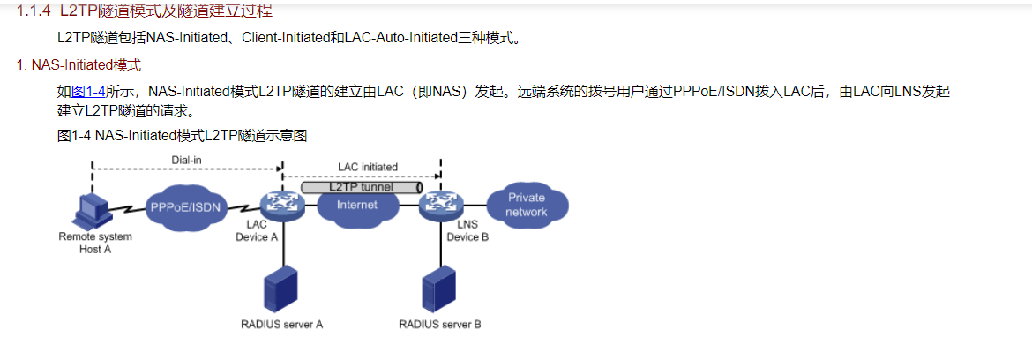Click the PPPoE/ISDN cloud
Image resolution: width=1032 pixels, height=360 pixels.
click(186, 207)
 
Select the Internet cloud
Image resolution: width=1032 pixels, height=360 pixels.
click(357, 205)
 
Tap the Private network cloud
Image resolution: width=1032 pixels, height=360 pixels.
click(527, 204)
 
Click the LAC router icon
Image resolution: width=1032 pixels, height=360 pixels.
click(282, 206)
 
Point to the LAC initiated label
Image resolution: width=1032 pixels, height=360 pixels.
click(367, 167)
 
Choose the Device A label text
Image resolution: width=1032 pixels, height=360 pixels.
click(257, 237)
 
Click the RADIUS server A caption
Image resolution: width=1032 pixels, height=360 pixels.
click(281, 324)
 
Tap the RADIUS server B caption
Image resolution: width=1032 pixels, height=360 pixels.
click(440, 324)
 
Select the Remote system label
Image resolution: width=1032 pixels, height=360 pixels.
click(95, 236)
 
